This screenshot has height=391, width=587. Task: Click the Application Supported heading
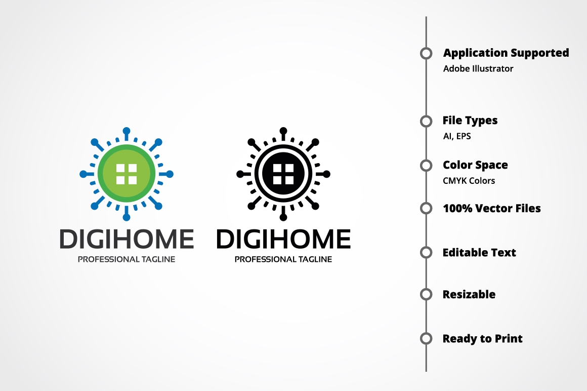click(506, 53)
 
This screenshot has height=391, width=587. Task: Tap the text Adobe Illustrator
click(478, 68)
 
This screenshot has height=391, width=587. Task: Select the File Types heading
click(470, 121)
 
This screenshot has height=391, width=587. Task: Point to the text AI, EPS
click(457, 136)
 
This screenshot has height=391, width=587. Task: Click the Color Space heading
click(476, 165)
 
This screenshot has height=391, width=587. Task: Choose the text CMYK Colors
click(469, 181)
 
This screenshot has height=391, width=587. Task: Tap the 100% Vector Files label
click(492, 208)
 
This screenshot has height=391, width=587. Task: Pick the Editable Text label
click(479, 252)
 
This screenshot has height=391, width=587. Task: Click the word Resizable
click(469, 294)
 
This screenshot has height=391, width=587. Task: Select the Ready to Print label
click(483, 338)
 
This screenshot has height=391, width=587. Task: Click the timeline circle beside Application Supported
click(426, 53)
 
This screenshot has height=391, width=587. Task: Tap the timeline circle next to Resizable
click(426, 294)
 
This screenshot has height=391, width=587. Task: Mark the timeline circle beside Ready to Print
click(426, 338)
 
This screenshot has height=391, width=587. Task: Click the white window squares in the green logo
click(127, 174)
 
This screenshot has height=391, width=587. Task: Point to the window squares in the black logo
click(283, 174)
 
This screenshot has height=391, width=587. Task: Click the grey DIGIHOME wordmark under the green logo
click(127, 239)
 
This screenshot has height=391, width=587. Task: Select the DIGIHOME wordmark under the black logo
click(284, 239)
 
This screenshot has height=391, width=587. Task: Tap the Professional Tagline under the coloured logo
click(127, 259)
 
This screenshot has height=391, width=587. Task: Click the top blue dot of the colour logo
click(127, 131)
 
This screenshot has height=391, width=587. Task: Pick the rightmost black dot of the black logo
click(326, 174)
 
